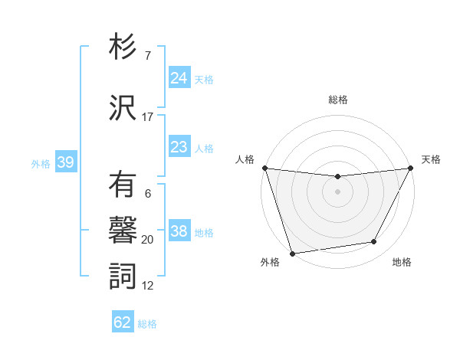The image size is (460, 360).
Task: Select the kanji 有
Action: click(x=123, y=186)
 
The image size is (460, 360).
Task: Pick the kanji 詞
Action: click(x=123, y=276)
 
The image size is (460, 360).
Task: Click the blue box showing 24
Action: click(x=179, y=77)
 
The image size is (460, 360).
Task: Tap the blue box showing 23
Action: click(x=179, y=147)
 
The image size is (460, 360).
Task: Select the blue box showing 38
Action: click(x=179, y=231)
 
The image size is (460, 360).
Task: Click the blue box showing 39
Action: click(x=65, y=162)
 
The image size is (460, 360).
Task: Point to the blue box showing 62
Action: click(x=123, y=322)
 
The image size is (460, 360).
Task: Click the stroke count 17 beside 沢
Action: click(x=148, y=117)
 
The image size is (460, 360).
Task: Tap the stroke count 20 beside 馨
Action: click(x=148, y=240)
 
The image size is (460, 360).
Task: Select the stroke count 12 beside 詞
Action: click(x=148, y=286)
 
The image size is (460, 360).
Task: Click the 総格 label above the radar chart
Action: click(x=337, y=100)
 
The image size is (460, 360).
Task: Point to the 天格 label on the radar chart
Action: click(x=431, y=159)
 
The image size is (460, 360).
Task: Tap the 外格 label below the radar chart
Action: click(x=270, y=263)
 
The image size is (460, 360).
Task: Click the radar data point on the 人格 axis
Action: click(x=264, y=168)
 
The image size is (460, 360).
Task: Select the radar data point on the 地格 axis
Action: click(x=374, y=242)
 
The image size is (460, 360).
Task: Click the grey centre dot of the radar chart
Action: click(x=337, y=191)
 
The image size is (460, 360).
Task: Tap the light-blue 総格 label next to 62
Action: click(x=147, y=324)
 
